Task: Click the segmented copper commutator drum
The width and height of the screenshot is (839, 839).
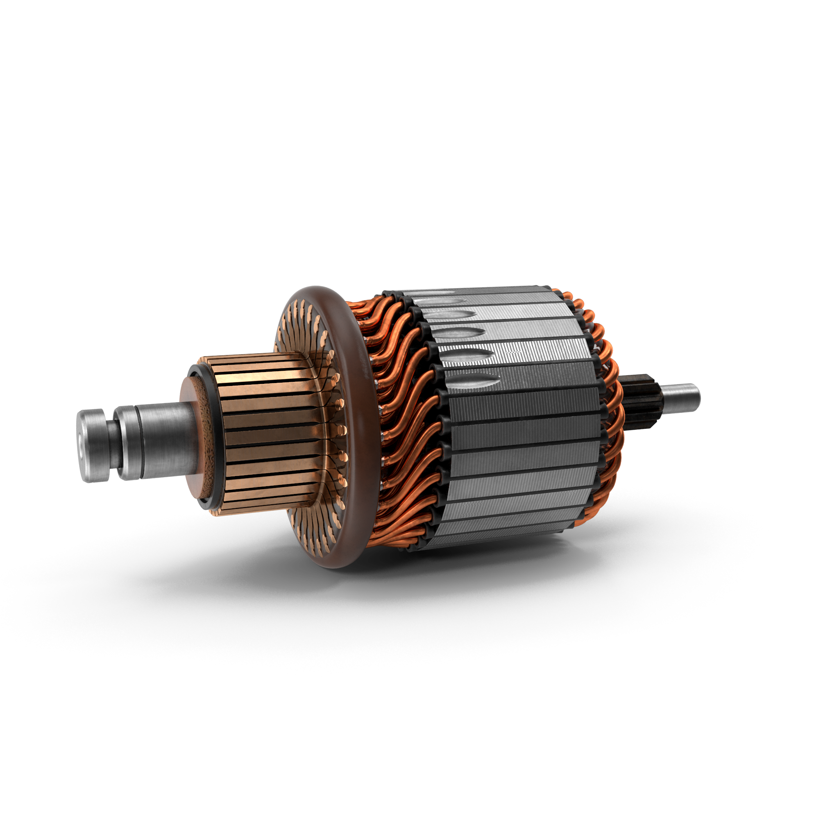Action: point(265,434)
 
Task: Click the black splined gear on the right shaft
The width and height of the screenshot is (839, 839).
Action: point(643,399)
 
